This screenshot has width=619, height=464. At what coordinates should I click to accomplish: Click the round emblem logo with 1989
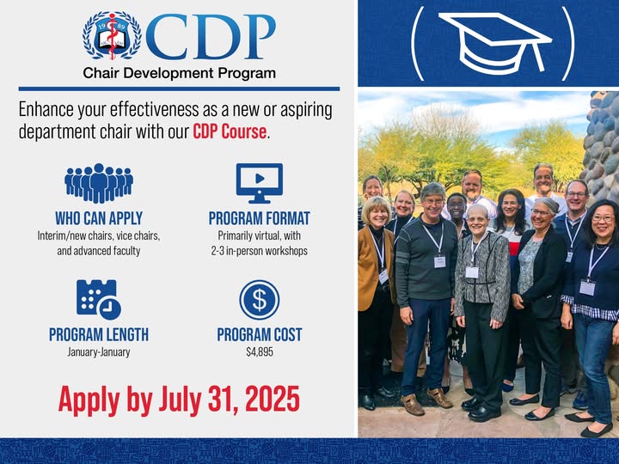tap(112, 36)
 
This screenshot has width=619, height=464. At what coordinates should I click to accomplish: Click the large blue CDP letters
tap(211, 37)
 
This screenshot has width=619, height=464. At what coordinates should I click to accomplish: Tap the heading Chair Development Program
tap(179, 73)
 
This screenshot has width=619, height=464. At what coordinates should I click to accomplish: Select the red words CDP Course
tap(230, 131)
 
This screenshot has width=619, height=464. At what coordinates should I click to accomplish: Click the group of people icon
tap(99, 183)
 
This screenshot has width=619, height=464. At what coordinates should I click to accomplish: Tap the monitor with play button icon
tap(260, 183)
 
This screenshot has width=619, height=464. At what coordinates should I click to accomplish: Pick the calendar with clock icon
tap(99, 300)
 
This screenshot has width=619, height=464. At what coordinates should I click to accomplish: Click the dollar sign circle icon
tap(260, 300)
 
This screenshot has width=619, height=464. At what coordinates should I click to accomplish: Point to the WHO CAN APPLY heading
tap(99, 218)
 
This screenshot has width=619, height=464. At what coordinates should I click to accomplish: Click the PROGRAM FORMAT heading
tap(260, 218)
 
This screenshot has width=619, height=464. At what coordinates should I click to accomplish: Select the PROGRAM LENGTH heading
tap(99, 334)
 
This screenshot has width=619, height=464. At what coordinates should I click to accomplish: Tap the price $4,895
tap(260, 351)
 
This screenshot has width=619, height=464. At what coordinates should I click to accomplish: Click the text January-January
tap(99, 351)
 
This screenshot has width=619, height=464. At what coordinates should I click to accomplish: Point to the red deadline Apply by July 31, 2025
tap(179, 400)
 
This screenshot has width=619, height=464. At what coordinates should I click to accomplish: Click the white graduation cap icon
tap(495, 43)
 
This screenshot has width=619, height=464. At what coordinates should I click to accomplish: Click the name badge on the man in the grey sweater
tap(439, 261)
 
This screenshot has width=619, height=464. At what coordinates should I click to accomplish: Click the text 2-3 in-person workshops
tap(260, 251)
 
